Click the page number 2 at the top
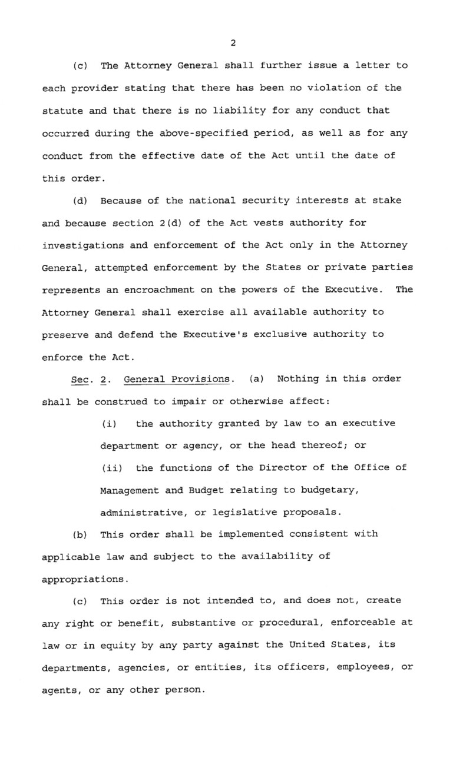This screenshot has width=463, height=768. [233, 43]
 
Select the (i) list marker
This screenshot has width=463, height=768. [108, 424]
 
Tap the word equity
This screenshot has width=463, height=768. [109, 645]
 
